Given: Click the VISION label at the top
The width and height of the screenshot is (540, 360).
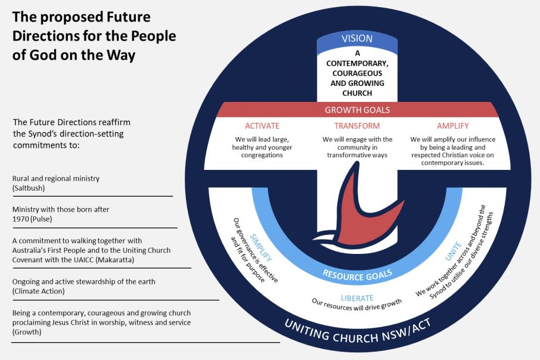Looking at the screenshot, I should pos(357,39).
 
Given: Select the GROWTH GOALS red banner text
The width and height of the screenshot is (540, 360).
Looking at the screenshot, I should pos(357,110).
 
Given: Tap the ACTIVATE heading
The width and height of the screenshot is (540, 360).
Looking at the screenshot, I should pos(262,126).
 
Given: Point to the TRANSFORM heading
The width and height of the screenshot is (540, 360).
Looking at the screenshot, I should pos(357,126).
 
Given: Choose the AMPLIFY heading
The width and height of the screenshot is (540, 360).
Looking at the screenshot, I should pos(452,126).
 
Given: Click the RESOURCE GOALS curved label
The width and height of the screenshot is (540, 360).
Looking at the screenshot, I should pos(357,274).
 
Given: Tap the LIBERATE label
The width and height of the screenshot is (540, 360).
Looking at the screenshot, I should pos(357,297).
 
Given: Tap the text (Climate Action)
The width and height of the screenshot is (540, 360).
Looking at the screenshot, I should pos(39,291).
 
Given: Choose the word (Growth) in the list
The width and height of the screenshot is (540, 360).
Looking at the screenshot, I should pos(27,332).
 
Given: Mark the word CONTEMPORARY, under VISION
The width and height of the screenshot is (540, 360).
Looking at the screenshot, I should pos(357,63).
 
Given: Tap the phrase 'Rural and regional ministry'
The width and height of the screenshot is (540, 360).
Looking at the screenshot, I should pos(55,178).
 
